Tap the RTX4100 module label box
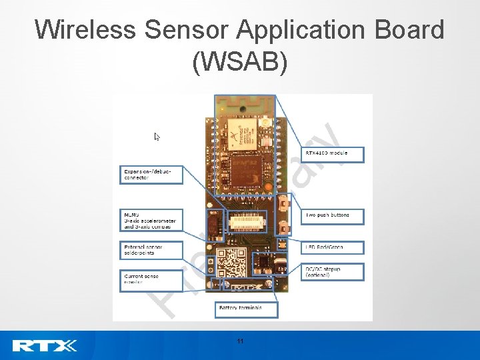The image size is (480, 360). click(x=333, y=154)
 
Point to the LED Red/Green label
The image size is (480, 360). click(x=332, y=247)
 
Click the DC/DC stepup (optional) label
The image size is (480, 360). click(x=332, y=272)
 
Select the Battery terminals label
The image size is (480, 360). click(x=246, y=308)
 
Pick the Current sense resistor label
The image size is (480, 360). click(x=151, y=278)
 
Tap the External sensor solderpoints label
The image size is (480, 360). click(x=151, y=250)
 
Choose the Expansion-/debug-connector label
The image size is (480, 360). click(x=151, y=175)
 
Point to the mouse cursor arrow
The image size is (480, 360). click(x=157, y=137)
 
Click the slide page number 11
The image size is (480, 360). click(x=240, y=341)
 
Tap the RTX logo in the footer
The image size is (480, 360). click(x=44, y=345)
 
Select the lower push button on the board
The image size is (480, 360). click(x=284, y=225)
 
